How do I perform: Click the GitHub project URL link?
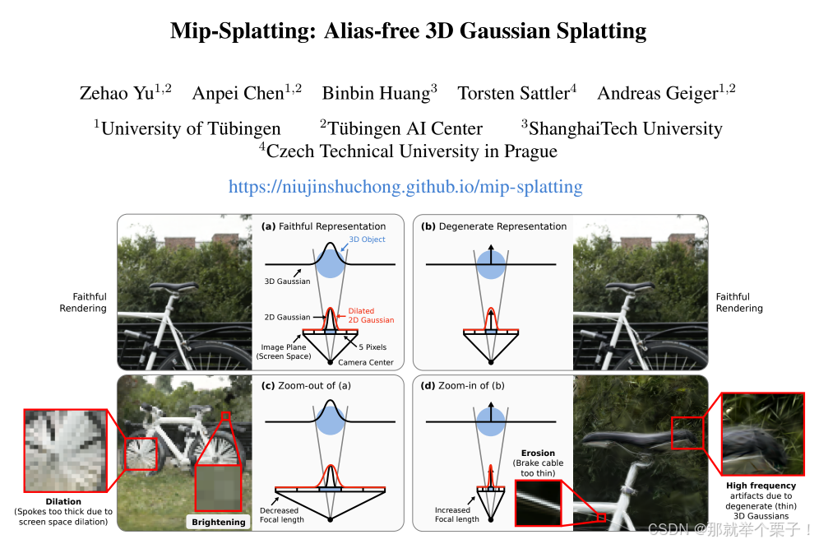pos(405,187)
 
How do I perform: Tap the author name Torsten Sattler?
pos(513,93)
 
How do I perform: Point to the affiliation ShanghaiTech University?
pos(625,128)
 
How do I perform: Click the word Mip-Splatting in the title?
pos(238,31)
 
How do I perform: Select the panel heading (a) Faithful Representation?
pos(323,226)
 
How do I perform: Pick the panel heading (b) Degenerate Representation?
pos(493,226)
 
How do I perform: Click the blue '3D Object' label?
pos(366,239)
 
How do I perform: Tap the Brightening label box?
pos(219,522)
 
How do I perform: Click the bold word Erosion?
pos(538,453)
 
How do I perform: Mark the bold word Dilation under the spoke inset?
pos(63,501)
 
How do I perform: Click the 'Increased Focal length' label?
pos(457,515)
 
